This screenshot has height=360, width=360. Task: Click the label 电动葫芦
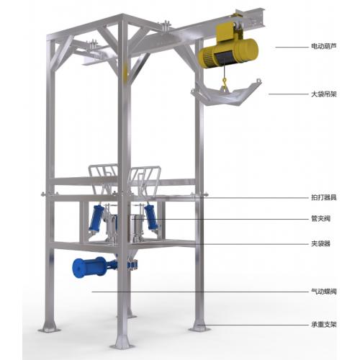tap(324, 46)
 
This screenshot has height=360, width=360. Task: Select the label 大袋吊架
tap(324, 94)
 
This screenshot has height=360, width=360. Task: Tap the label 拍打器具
tap(324, 197)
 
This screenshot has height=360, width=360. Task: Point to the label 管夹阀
tap(320, 219)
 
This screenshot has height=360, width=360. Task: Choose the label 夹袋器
tap(320, 244)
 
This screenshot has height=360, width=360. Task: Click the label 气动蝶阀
tap(324, 292)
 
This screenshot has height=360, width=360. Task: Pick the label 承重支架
tap(324, 325)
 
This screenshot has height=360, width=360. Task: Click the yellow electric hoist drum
tap(228, 53)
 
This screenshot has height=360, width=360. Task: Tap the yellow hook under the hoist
tap(225, 82)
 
